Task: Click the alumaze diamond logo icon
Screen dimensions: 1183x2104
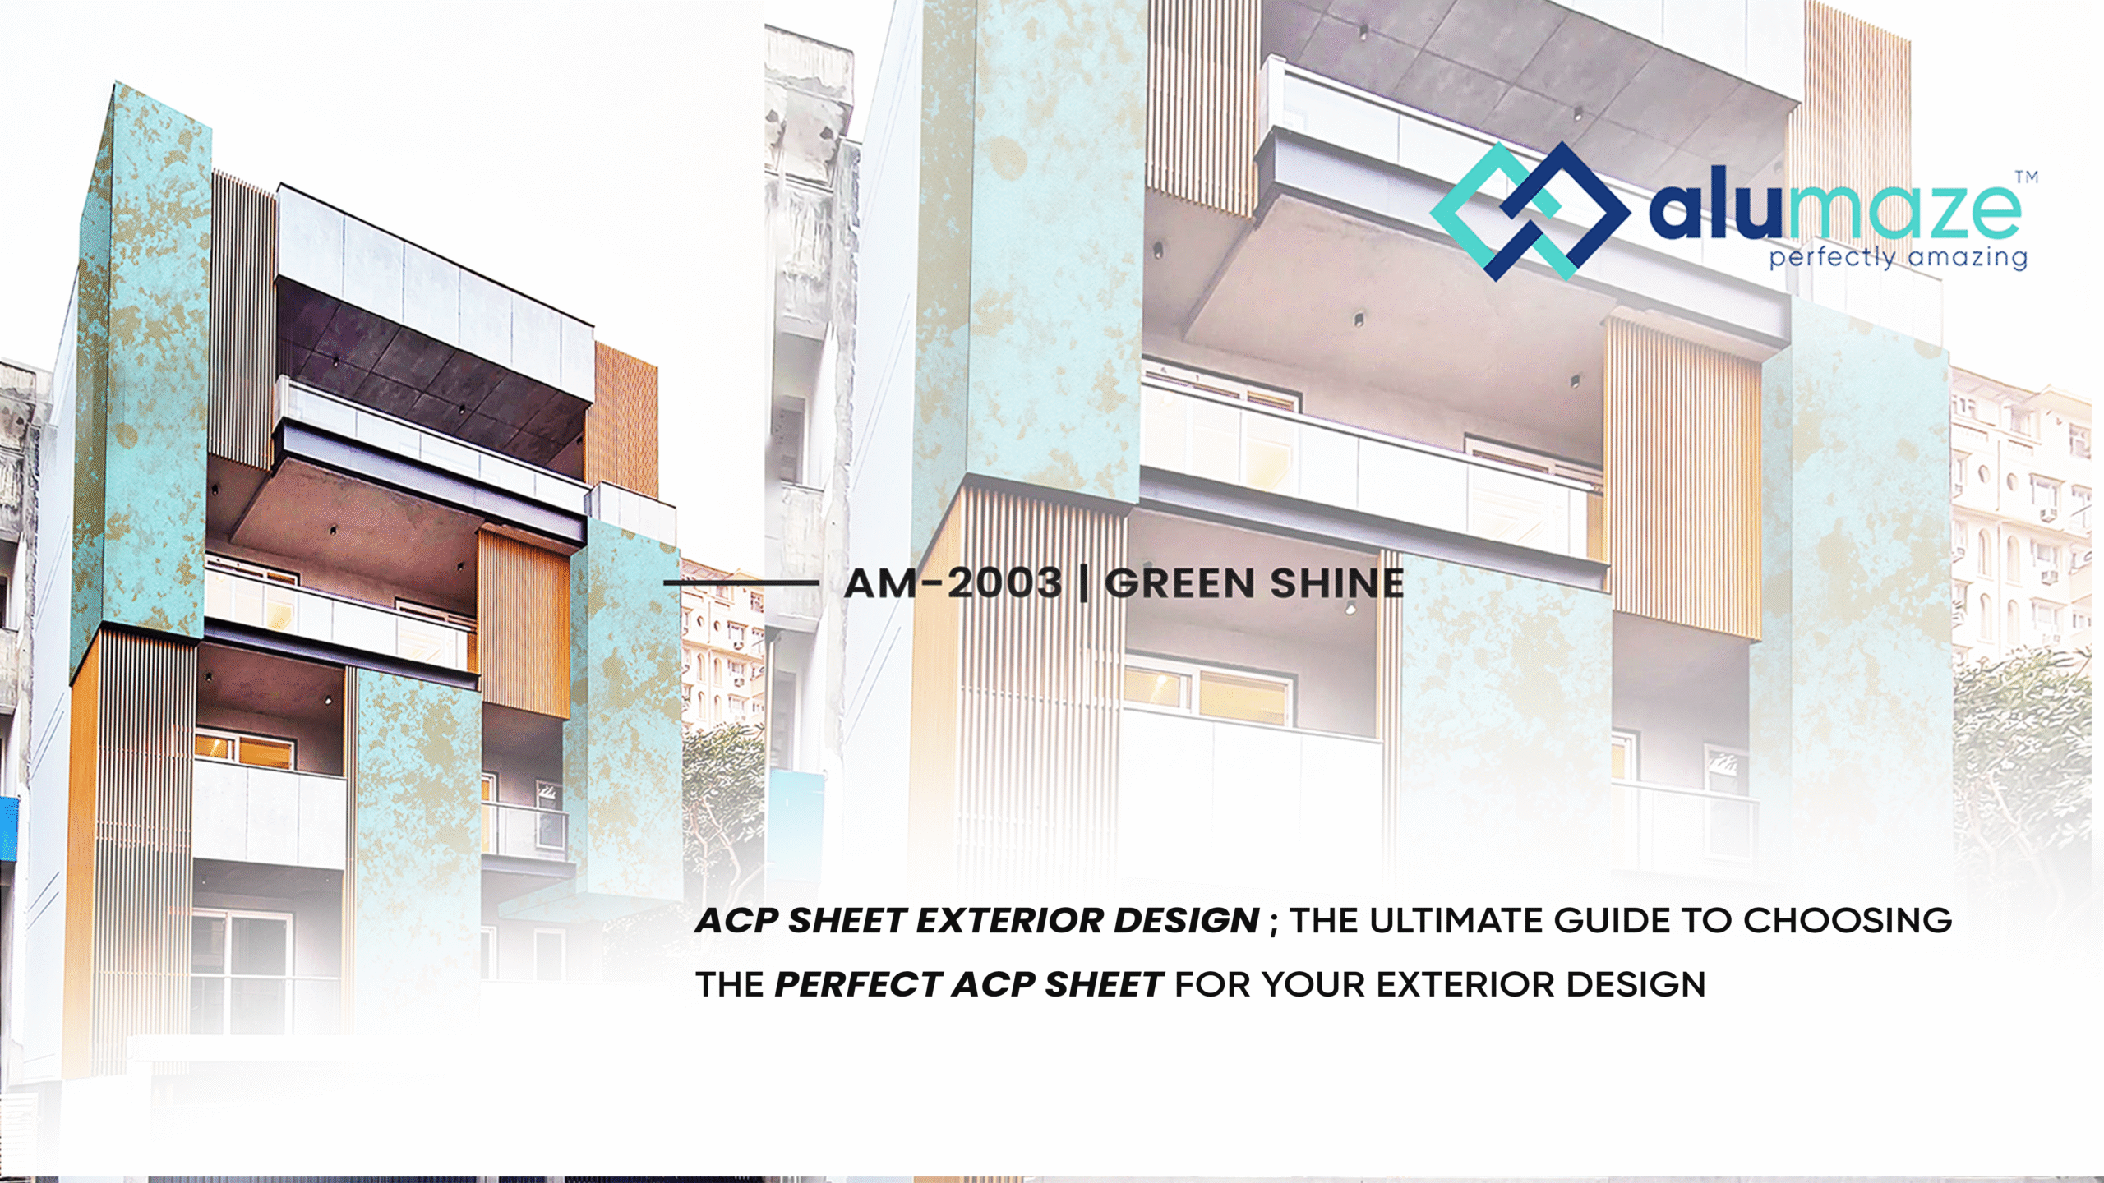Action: tap(1530, 211)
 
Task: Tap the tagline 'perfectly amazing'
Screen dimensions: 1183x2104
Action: tap(1898, 258)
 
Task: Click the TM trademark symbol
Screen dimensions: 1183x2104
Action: tap(2027, 177)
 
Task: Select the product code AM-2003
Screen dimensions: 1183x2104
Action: tap(953, 583)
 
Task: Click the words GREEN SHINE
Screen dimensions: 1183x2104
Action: tap(1254, 583)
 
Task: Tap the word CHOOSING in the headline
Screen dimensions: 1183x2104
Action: tap(1848, 921)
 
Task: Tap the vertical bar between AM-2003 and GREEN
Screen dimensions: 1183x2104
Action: tap(1084, 583)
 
